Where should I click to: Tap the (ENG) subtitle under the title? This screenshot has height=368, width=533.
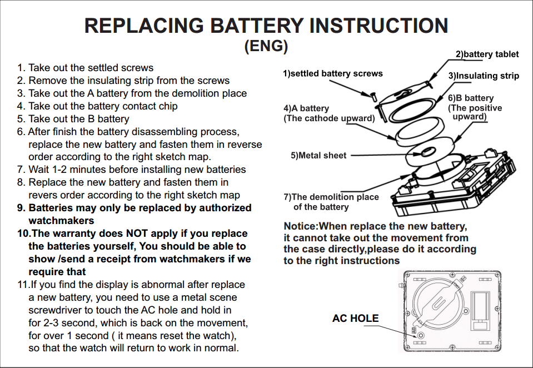pyautogui.click(x=266, y=46)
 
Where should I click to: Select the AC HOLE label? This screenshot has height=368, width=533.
pyautogui.click(x=355, y=319)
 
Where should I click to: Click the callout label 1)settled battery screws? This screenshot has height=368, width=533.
pyautogui.click(x=332, y=73)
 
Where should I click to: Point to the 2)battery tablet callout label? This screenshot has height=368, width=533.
pyautogui.click(x=487, y=54)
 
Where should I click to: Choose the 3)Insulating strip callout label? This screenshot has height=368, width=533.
pyautogui.click(x=484, y=76)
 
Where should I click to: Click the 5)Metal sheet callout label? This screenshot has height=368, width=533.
pyautogui.click(x=318, y=156)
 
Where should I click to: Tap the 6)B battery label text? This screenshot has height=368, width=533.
pyautogui.click(x=471, y=98)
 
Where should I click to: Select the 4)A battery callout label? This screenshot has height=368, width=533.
pyautogui.click(x=306, y=108)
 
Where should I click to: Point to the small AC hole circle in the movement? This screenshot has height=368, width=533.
pyautogui.click(x=421, y=335)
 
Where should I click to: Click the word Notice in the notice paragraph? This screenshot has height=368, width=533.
pyautogui.click(x=300, y=226)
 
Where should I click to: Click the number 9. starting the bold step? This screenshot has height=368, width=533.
pyautogui.click(x=21, y=208)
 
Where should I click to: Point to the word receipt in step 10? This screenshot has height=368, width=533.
pyautogui.click(x=127, y=259)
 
